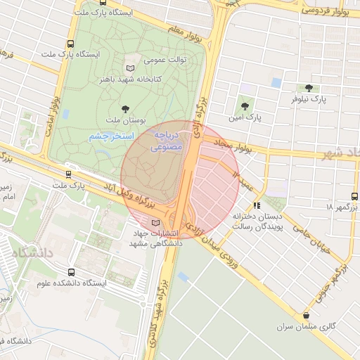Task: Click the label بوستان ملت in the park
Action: [x=125, y=121]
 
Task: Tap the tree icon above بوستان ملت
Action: [x=125, y=108]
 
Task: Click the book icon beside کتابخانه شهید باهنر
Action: [x=129, y=68]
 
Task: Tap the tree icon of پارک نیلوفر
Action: [x=309, y=88]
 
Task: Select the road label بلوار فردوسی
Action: [x=324, y=10]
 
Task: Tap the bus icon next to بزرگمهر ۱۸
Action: [x=354, y=197]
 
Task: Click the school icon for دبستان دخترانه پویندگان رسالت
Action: [x=257, y=206]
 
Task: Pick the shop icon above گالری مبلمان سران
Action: [x=305, y=316]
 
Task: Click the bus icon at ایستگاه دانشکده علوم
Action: [x=71, y=271]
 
